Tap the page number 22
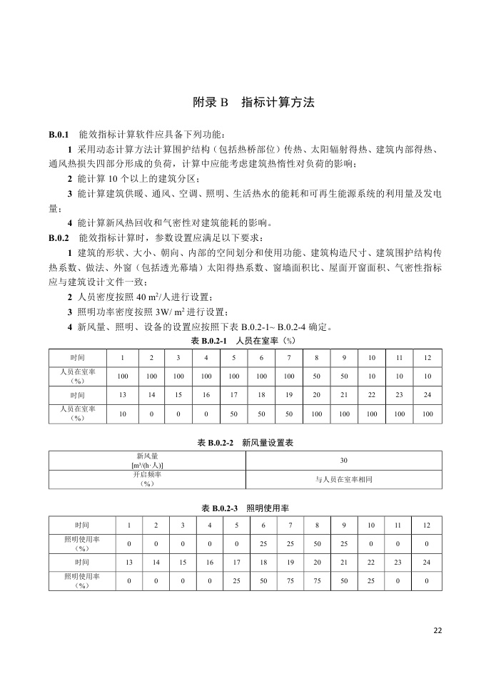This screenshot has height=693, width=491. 437,630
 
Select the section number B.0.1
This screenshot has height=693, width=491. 59,135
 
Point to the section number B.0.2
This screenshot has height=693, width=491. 59,237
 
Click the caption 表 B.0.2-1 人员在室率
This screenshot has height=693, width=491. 246,341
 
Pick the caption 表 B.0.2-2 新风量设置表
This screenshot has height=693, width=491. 246,443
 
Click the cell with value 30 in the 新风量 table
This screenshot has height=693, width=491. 343,460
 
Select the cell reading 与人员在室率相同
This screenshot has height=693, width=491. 343,479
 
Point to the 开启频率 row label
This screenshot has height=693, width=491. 147,479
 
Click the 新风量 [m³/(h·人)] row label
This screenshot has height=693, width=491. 147,460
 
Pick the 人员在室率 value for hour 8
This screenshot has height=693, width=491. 316,376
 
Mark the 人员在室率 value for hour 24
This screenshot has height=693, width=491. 427,414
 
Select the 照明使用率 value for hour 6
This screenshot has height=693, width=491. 263,544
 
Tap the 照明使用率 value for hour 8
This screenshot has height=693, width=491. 317,544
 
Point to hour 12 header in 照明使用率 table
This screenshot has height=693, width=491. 427,525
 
